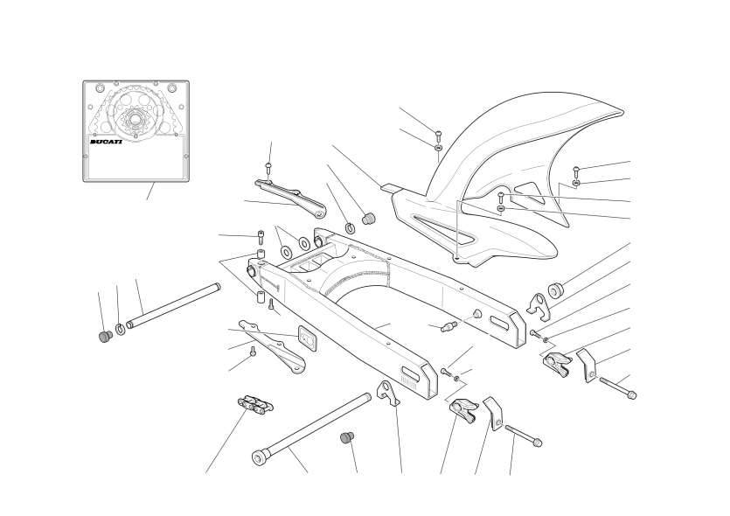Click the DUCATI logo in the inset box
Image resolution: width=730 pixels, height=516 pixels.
click(106, 142)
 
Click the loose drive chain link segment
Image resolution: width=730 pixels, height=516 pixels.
click(255, 404)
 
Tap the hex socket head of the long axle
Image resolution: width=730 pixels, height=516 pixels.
click(259, 457)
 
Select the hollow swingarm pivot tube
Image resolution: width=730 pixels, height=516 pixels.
click(173, 305)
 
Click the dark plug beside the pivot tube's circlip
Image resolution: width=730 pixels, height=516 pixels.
click(106, 336)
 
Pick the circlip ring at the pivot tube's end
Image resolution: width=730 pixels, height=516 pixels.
click(120, 329)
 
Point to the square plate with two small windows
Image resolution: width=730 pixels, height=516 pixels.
click(307, 337)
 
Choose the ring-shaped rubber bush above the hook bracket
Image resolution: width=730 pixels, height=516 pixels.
click(556, 290)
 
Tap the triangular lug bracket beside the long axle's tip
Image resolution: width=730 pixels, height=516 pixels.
click(388, 394)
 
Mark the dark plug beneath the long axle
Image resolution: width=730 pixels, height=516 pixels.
click(347, 438)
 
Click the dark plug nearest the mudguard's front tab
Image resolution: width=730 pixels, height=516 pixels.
click(369, 218)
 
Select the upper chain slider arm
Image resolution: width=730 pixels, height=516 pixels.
click(289, 199)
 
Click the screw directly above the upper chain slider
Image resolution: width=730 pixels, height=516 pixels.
click(268, 170)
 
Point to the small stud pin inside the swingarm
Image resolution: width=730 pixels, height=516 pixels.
click(448, 326)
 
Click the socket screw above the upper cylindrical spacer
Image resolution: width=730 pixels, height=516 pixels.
click(261, 237)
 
